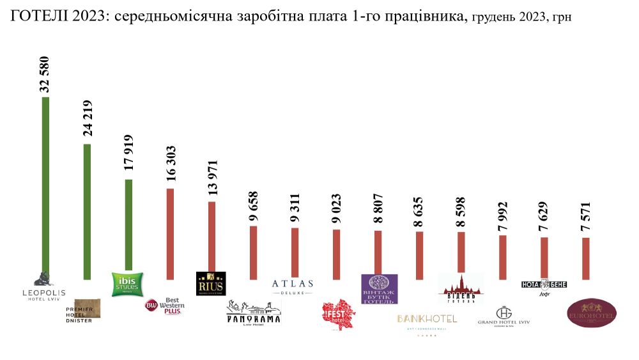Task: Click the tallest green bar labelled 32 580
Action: click(x=45, y=185)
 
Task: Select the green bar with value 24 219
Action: click(x=87, y=211)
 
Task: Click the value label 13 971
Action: click(x=213, y=178)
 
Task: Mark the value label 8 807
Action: click(x=378, y=208)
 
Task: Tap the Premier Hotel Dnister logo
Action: click(x=82, y=310)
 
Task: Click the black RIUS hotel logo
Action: click(x=211, y=284)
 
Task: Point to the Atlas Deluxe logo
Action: click(x=293, y=286)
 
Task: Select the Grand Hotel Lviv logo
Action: click(x=504, y=316)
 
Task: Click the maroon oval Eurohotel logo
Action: click(x=592, y=313)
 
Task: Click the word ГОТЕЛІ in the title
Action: click(x=37, y=17)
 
